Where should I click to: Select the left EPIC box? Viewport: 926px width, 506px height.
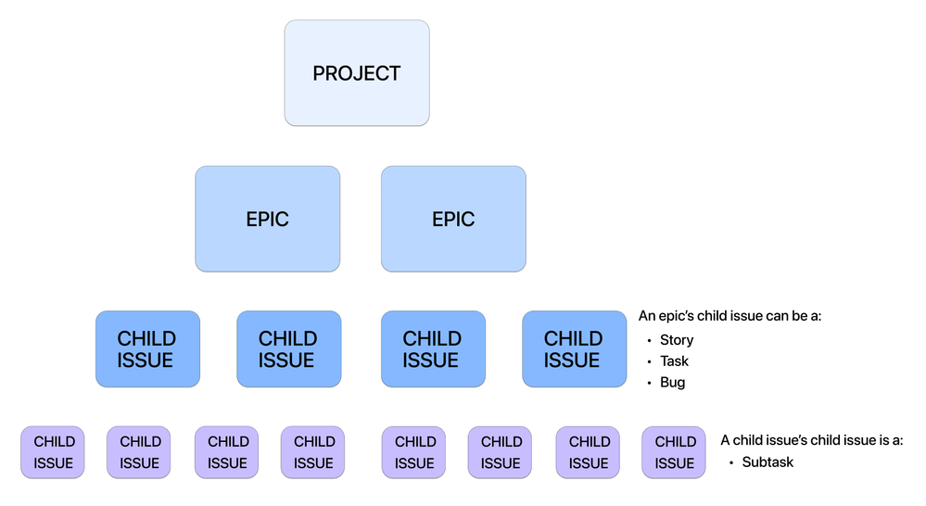pos(267,219)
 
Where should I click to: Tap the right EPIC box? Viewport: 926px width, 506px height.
pos(453,219)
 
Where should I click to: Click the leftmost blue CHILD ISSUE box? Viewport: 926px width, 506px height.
pos(147,349)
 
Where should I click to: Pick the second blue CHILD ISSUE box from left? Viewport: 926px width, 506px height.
pos(288,349)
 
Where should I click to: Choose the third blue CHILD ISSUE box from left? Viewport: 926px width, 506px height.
pos(433,349)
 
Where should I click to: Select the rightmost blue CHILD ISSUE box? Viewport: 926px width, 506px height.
pos(574,349)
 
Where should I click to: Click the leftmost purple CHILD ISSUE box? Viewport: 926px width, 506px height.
pos(53,452)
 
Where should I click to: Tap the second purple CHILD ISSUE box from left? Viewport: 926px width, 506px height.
pos(139,452)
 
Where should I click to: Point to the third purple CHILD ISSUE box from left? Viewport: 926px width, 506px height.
pos(227,452)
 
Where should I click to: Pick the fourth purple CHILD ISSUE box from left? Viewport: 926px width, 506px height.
pos(313,452)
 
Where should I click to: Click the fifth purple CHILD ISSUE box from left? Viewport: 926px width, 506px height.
pos(414,452)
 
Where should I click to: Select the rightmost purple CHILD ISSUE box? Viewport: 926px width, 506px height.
pos(675,452)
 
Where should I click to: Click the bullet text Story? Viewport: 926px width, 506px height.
pos(677,340)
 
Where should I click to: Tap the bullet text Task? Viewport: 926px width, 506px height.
pos(675,361)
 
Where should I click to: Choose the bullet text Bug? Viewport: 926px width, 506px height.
pos(673,383)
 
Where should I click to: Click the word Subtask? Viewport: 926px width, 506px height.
pos(767,462)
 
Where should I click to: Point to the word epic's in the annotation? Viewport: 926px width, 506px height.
pos(679,317)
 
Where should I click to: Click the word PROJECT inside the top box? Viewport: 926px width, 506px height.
pos(357,73)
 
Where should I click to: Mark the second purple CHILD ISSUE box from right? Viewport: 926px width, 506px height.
pos(589,452)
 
